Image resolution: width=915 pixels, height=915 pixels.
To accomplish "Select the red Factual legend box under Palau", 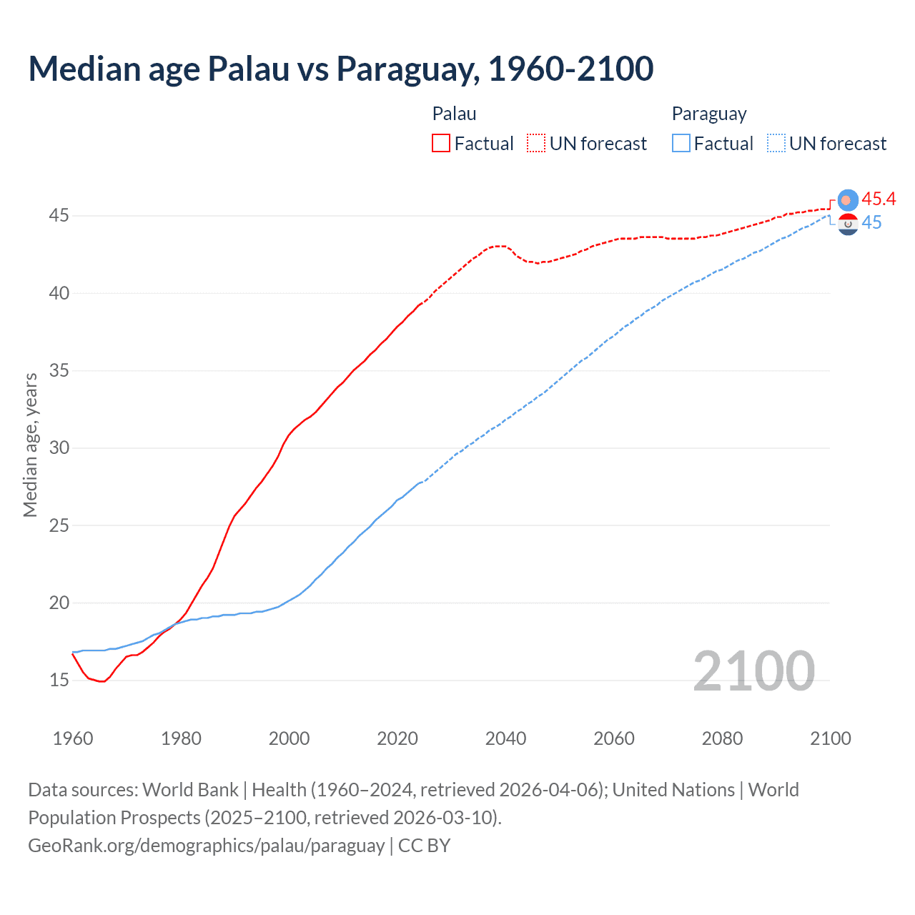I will point(441,143).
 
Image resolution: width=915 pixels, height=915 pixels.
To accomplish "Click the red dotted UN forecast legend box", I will point(536,143).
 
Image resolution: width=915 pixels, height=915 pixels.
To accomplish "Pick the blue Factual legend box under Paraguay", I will point(681,143).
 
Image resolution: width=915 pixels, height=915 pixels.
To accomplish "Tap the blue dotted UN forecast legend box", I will point(776,143).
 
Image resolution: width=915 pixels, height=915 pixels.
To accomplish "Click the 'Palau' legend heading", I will point(454,114).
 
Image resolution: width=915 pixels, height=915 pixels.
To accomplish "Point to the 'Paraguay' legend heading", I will point(708,114).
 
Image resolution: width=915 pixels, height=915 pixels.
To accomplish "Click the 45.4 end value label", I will point(879,199).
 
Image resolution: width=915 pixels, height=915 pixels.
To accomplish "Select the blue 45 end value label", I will point(871,223).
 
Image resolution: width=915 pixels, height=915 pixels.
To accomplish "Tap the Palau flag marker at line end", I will point(848,201).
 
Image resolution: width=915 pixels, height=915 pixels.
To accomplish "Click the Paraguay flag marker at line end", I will point(848,224).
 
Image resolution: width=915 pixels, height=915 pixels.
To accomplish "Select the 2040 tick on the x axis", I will point(505,738).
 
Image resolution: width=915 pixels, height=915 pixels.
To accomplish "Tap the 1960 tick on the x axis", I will point(73,738).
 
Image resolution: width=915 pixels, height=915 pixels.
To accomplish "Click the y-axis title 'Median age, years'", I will point(30,445).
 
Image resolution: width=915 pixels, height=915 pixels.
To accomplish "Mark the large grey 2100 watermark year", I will point(753,671).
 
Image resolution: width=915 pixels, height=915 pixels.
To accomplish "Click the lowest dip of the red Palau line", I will point(102,681).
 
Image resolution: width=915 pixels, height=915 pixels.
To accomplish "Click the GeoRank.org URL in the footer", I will point(206,846).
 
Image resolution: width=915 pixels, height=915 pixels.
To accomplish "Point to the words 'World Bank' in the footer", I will point(190,790).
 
